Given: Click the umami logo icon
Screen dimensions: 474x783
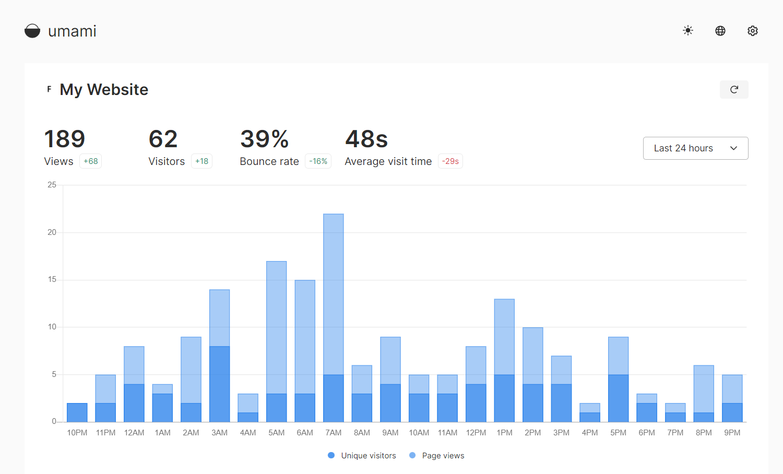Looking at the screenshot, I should pyautogui.click(x=32, y=31).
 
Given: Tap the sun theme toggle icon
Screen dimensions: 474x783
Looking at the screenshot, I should pyautogui.click(x=688, y=31).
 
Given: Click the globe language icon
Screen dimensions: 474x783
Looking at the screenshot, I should pyautogui.click(x=720, y=31).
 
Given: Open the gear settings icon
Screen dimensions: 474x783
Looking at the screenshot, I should pyautogui.click(x=753, y=31).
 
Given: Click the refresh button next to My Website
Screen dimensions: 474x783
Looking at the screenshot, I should pyautogui.click(x=734, y=89).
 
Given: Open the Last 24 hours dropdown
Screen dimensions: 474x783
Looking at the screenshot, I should pyautogui.click(x=695, y=148).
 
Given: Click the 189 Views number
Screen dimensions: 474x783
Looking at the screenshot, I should pyautogui.click(x=65, y=139).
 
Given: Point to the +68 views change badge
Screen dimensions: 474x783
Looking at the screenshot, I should pyautogui.click(x=91, y=161).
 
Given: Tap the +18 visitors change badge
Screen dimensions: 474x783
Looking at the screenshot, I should pyautogui.click(x=201, y=161).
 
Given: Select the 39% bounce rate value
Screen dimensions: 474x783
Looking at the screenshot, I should pyautogui.click(x=265, y=139).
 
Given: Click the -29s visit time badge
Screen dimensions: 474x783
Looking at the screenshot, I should pyautogui.click(x=450, y=161).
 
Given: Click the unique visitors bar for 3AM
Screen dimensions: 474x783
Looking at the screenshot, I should pyautogui.click(x=220, y=384).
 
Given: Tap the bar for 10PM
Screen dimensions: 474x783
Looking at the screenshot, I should pyautogui.click(x=77, y=412).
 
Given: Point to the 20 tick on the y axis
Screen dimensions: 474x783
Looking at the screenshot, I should pyautogui.click(x=52, y=232).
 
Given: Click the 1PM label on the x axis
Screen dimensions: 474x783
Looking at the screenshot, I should pyautogui.click(x=505, y=433).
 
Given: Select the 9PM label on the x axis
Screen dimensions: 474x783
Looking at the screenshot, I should pyautogui.click(x=732, y=433).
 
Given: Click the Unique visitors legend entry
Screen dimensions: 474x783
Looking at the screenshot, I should pyautogui.click(x=362, y=456).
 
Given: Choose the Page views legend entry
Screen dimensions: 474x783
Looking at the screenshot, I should pyautogui.click(x=437, y=456).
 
